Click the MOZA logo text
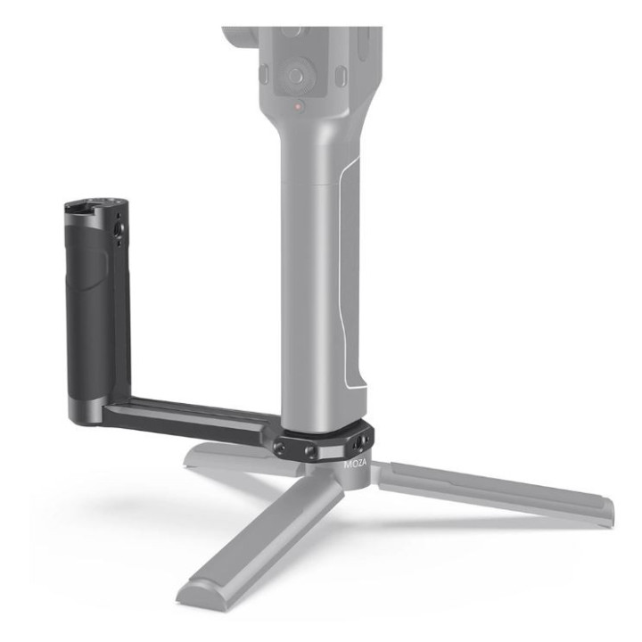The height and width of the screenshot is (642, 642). click(354, 465)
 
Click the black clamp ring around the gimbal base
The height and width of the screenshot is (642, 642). click(325, 441)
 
